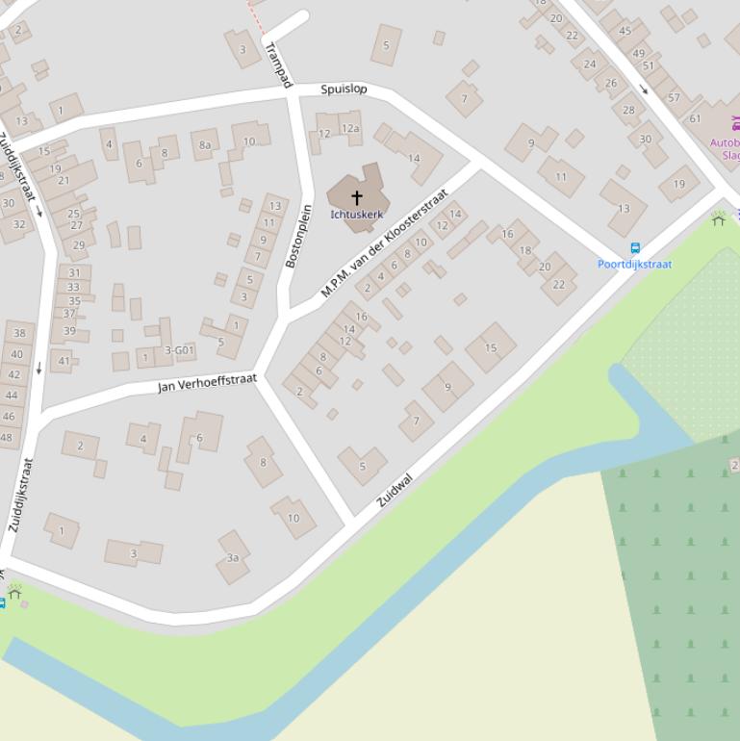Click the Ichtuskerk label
[356, 215]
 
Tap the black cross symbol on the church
[356, 197]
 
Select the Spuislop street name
[344, 89]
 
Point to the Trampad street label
[277, 64]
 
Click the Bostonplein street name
[299, 236]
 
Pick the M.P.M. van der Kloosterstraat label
[385, 243]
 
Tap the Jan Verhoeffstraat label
[208, 383]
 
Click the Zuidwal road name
[395, 490]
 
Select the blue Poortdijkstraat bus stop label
[634, 264]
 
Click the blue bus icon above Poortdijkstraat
[635, 248]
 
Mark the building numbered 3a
[232, 558]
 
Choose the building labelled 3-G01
[180, 350]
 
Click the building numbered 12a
[350, 128]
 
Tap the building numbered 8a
[205, 145]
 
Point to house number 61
[695, 118]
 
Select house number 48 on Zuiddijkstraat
[7, 437]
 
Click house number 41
[64, 362]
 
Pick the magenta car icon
[736, 123]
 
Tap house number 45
[625, 31]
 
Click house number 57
[674, 97]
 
